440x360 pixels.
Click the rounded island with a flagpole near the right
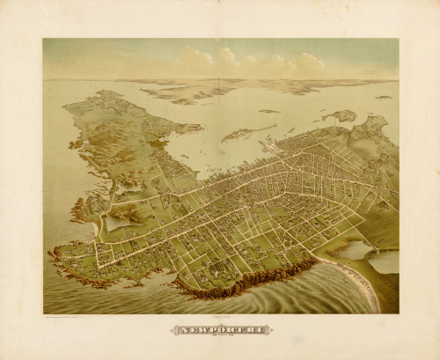pos(339,115)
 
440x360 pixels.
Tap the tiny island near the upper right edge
pos(384,97)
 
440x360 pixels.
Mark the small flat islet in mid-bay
pos(269,111)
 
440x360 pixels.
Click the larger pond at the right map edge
pos(384,261)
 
